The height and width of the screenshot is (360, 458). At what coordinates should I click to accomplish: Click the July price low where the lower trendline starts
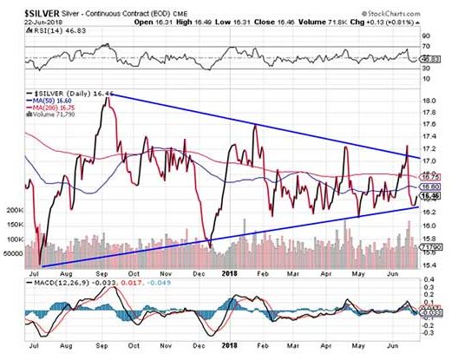40,264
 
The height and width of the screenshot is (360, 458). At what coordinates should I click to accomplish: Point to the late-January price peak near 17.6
255,126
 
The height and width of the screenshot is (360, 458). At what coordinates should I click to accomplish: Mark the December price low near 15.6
208,247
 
